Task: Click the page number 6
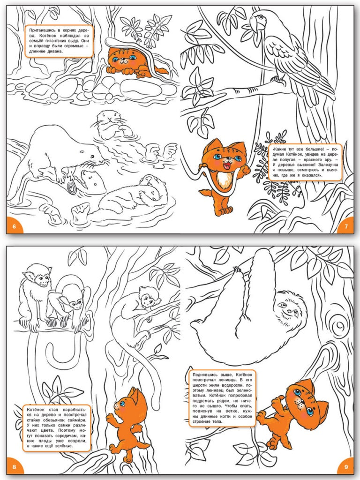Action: [14, 227]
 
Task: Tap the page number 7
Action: [346, 227]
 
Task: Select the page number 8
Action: [14, 467]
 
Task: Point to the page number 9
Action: [346, 467]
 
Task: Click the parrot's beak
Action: [255, 24]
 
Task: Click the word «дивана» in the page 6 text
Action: [55, 51]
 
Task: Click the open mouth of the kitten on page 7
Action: [227, 166]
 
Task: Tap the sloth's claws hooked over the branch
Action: [238, 270]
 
